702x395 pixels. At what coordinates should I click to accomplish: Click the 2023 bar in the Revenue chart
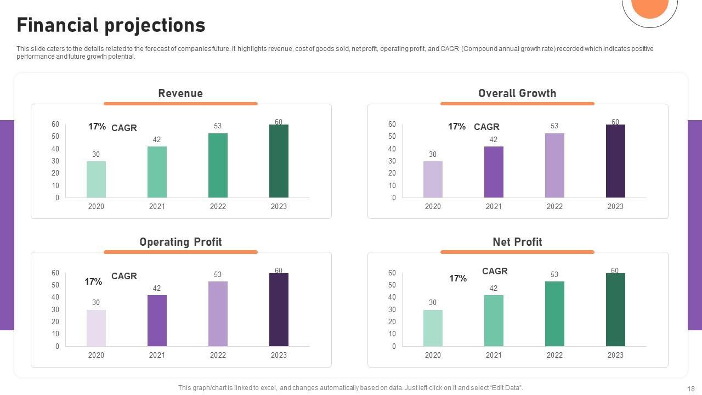tap(279, 161)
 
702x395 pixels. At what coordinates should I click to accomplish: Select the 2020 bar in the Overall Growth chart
tap(433, 179)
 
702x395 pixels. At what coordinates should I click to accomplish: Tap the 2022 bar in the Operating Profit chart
tap(218, 314)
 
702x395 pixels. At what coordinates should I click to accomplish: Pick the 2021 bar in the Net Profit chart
tap(494, 320)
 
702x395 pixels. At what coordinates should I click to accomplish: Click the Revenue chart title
tap(180, 93)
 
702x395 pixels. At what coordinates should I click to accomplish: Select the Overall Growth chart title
tap(517, 93)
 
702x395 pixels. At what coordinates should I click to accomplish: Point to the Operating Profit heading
tap(180, 242)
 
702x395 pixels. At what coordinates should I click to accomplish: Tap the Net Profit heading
tap(517, 242)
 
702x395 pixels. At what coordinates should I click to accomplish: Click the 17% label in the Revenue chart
tap(97, 127)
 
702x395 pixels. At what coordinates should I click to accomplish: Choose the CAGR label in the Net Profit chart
tap(495, 271)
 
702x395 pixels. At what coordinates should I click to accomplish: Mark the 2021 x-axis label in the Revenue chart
tap(157, 206)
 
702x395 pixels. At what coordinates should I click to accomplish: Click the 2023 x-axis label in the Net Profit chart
tap(615, 355)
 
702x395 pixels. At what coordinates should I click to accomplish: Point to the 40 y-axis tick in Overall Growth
tap(392, 149)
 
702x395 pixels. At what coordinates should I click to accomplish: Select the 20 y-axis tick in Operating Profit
tap(55, 321)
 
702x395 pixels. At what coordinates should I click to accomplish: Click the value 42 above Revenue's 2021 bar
tap(157, 140)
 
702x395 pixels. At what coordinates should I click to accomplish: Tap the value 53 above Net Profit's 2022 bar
tap(554, 274)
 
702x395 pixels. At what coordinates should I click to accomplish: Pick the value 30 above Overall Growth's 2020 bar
tap(433, 154)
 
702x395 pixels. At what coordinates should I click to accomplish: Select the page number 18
tap(690, 388)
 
